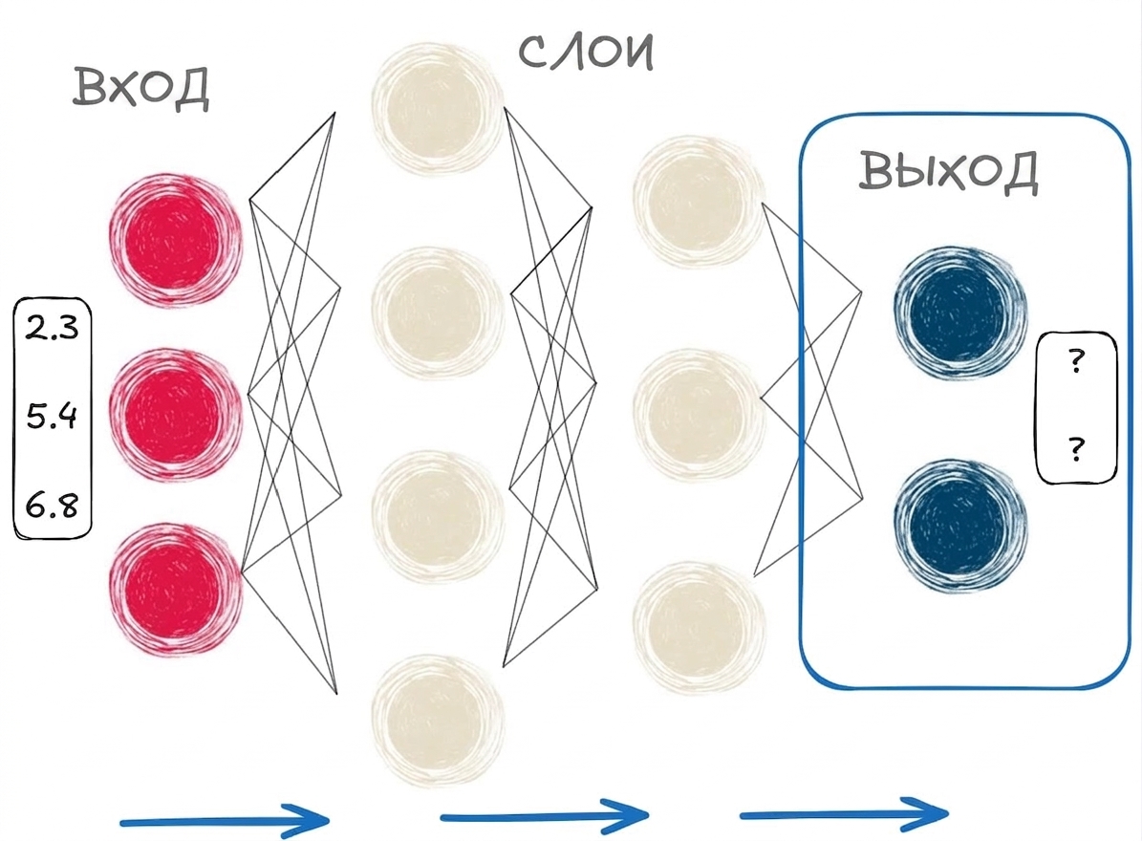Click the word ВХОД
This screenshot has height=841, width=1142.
point(140,87)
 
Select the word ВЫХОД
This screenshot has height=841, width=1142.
point(948,172)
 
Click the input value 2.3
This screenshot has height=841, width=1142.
point(52,328)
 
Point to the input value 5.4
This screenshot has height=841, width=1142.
point(52,416)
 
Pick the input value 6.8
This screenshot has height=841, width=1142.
point(52,505)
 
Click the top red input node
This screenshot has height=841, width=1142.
point(175,240)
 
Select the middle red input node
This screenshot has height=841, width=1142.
point(175,415)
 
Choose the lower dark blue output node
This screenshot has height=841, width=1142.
point(959,526)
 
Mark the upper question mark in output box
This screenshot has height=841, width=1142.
point(1076,362)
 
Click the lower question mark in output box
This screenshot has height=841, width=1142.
point(1076,449)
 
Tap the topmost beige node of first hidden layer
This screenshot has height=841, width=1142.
point(437,108)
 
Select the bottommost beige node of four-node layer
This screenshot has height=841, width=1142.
point(437,721)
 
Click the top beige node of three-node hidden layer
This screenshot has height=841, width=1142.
point(699,201)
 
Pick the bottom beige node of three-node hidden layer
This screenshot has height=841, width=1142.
point(699,628)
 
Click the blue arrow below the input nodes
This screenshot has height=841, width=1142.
point(225,821)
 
